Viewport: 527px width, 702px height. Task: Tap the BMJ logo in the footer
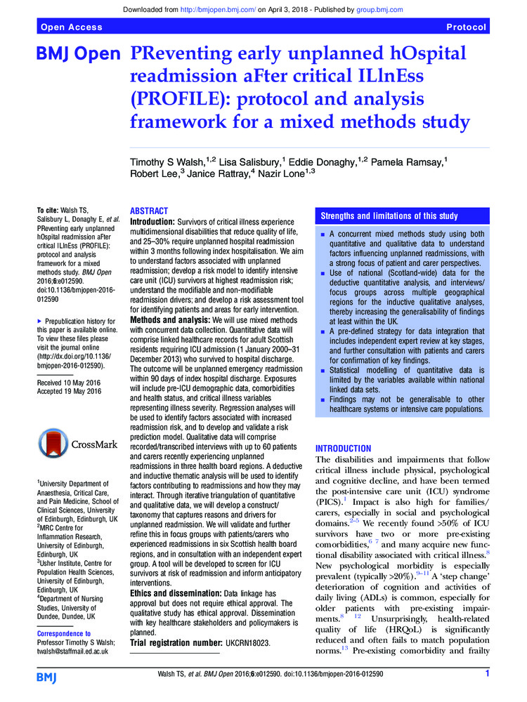pos(47,677)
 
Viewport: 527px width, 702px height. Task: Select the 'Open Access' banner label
pos(72,27)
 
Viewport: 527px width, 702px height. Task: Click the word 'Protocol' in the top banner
pos(466,27)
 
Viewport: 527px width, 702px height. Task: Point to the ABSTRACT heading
pos(150,211)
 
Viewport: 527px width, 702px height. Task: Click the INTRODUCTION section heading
pos(344,448)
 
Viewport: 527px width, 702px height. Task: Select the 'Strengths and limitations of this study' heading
pos(389,216)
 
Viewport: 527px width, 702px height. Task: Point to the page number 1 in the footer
pos(487,675)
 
